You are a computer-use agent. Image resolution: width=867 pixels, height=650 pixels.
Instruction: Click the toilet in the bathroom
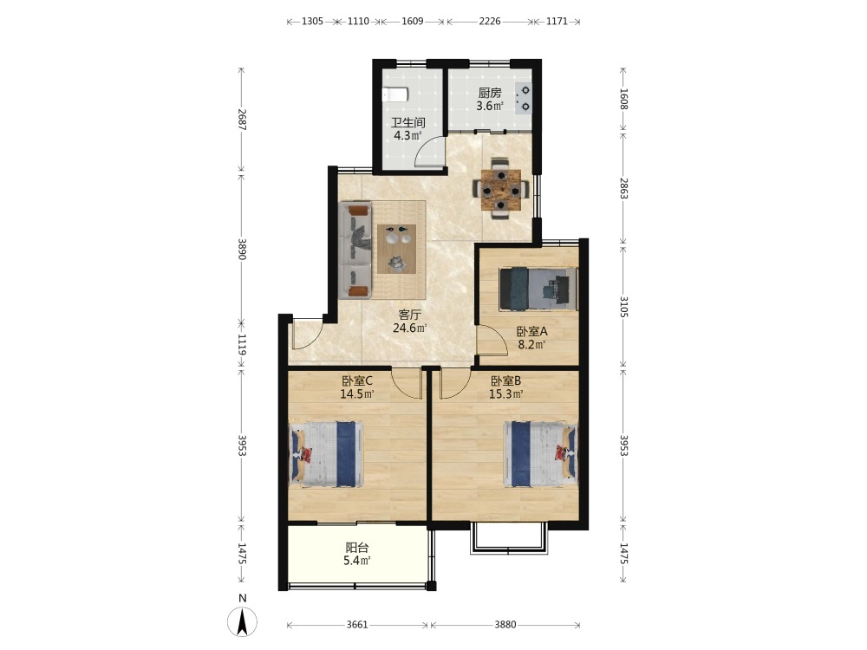tap(394, 94)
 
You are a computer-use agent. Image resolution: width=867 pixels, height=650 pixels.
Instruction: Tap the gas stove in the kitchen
tap(523, 99)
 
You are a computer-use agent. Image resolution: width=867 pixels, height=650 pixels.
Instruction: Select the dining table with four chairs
tap(500, 189)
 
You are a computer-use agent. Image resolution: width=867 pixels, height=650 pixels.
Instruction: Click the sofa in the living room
tap(355, 251)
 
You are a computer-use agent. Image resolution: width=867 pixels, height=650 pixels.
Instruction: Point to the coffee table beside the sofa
tap(396, 249)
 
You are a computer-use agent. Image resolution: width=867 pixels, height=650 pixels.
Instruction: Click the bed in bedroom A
tap(538, 289)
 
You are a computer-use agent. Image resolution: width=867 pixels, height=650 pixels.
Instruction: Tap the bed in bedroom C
tap(326, 454)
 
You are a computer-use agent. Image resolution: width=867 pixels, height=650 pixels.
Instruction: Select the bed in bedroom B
tap(540, 454)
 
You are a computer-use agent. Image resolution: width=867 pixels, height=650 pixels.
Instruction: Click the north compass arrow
tap(242, 621)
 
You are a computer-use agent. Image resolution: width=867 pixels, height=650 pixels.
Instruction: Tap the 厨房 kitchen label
tap(490, 93)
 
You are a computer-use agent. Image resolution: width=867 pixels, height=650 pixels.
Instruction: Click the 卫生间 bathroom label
tap(408, 123)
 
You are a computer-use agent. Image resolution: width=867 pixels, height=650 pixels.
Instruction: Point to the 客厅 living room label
tap(410, 315)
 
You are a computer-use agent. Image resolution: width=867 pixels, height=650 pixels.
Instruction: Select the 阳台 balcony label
tap(357, 548)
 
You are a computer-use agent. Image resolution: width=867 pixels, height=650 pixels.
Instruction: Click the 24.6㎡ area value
tap(410, 328)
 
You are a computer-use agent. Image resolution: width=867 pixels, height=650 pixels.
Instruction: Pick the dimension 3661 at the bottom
tap(357, 625)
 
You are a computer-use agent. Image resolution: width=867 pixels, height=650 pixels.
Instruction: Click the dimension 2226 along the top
tap(490, 21)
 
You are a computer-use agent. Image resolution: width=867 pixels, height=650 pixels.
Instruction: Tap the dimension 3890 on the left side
tap(242, 250)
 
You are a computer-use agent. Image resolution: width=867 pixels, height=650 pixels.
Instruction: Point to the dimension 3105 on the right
tap(623, 307)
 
